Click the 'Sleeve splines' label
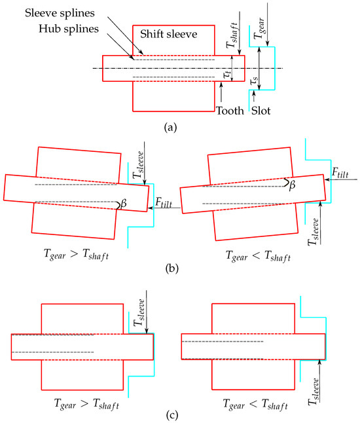[x=60, y=13]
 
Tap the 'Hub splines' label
[x=69, y=29]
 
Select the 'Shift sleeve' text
[x=168, y=34]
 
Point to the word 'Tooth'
[x=230, y=111]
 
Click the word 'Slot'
[x=261, y=111]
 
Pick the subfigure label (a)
[x=170, y=127]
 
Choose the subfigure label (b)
[x=171, y=268]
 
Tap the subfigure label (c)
[x=172, y=415]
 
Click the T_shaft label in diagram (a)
[x=232, y=35]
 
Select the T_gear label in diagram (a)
[x=260, y=28]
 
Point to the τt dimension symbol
[x=228, y=74]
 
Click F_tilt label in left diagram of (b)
[x=164, y=202]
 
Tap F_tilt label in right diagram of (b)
[x=340, y=173]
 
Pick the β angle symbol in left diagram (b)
[x=124, y=203]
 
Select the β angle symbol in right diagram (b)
[x=292, y=185]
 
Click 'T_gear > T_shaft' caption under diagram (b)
[x=76, y=255]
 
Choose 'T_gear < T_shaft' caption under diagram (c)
[x=255, y=405]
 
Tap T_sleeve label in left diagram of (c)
[x=139, y=312]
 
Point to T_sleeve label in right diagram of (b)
[x=314, y=232]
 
